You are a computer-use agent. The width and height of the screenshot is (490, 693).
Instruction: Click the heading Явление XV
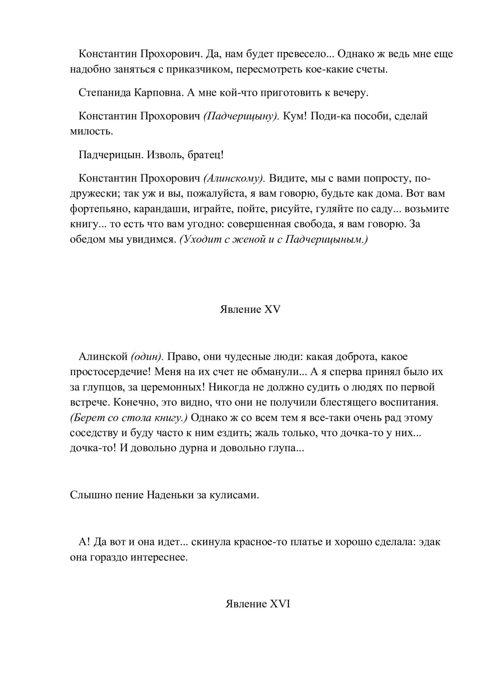click(250, 309)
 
